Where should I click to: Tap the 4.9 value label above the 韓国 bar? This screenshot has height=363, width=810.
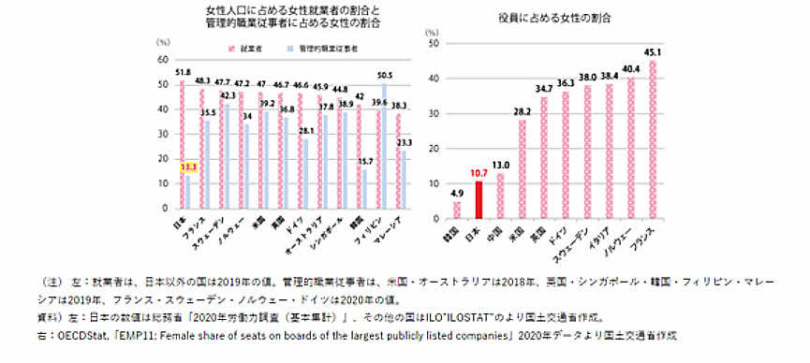pos(457,194)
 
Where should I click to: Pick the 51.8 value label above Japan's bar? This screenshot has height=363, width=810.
pos(183,72)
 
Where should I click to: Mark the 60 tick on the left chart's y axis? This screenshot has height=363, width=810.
pos(163,60)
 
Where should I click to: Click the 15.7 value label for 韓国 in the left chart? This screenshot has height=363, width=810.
pos(364,162)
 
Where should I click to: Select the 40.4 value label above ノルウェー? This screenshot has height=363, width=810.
pos(631,68)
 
